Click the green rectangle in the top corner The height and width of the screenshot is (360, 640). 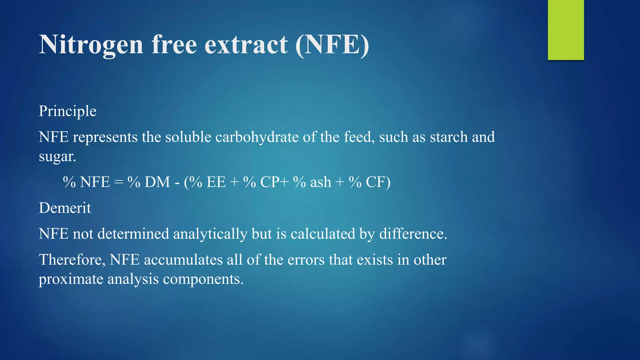[x=566, y=30]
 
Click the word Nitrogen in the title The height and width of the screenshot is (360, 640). [x=91, y=45]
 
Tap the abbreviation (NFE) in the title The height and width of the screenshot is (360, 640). [x=332, y=45]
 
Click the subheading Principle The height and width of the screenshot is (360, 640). [x=67, y=111]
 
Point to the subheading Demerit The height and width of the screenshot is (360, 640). [x=65, y=208]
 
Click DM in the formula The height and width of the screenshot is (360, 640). [x=157, y=182]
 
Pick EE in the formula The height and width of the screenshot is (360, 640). [x=216, y=182]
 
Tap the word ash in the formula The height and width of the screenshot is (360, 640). [x=321, y=182]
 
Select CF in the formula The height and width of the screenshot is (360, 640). [x=376, y=182]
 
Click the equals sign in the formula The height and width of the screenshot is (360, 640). [x=118, y=182]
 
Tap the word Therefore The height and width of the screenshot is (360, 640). [x=72, y=260]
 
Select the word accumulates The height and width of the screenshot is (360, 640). [x=183, y=260]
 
